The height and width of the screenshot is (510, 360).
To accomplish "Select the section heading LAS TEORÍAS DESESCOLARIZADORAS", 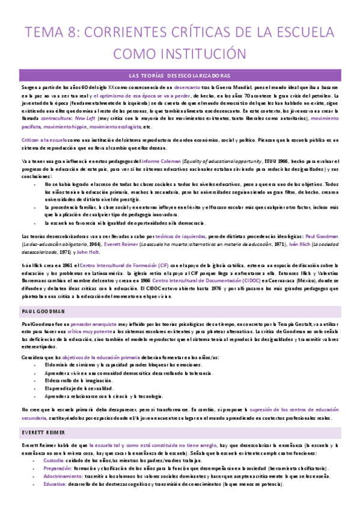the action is point(180,76).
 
